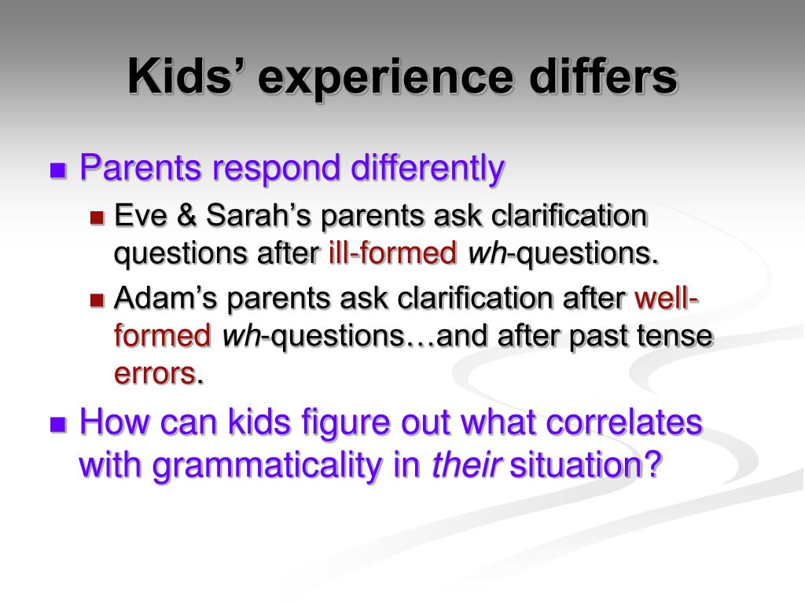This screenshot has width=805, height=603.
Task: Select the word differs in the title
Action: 604,76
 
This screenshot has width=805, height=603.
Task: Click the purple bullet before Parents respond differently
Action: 58,170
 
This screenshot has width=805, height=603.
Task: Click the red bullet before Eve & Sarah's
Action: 97,218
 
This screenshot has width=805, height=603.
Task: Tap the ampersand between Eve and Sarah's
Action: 186,214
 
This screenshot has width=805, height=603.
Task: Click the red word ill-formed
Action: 393,253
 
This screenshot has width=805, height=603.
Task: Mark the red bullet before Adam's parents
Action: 97,299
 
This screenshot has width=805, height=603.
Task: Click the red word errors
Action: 155,374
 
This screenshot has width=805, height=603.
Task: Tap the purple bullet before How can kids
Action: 58,425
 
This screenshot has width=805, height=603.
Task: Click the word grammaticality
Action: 266,465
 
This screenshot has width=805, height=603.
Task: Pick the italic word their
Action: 465,464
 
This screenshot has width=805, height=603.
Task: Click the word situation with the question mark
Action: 585,464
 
